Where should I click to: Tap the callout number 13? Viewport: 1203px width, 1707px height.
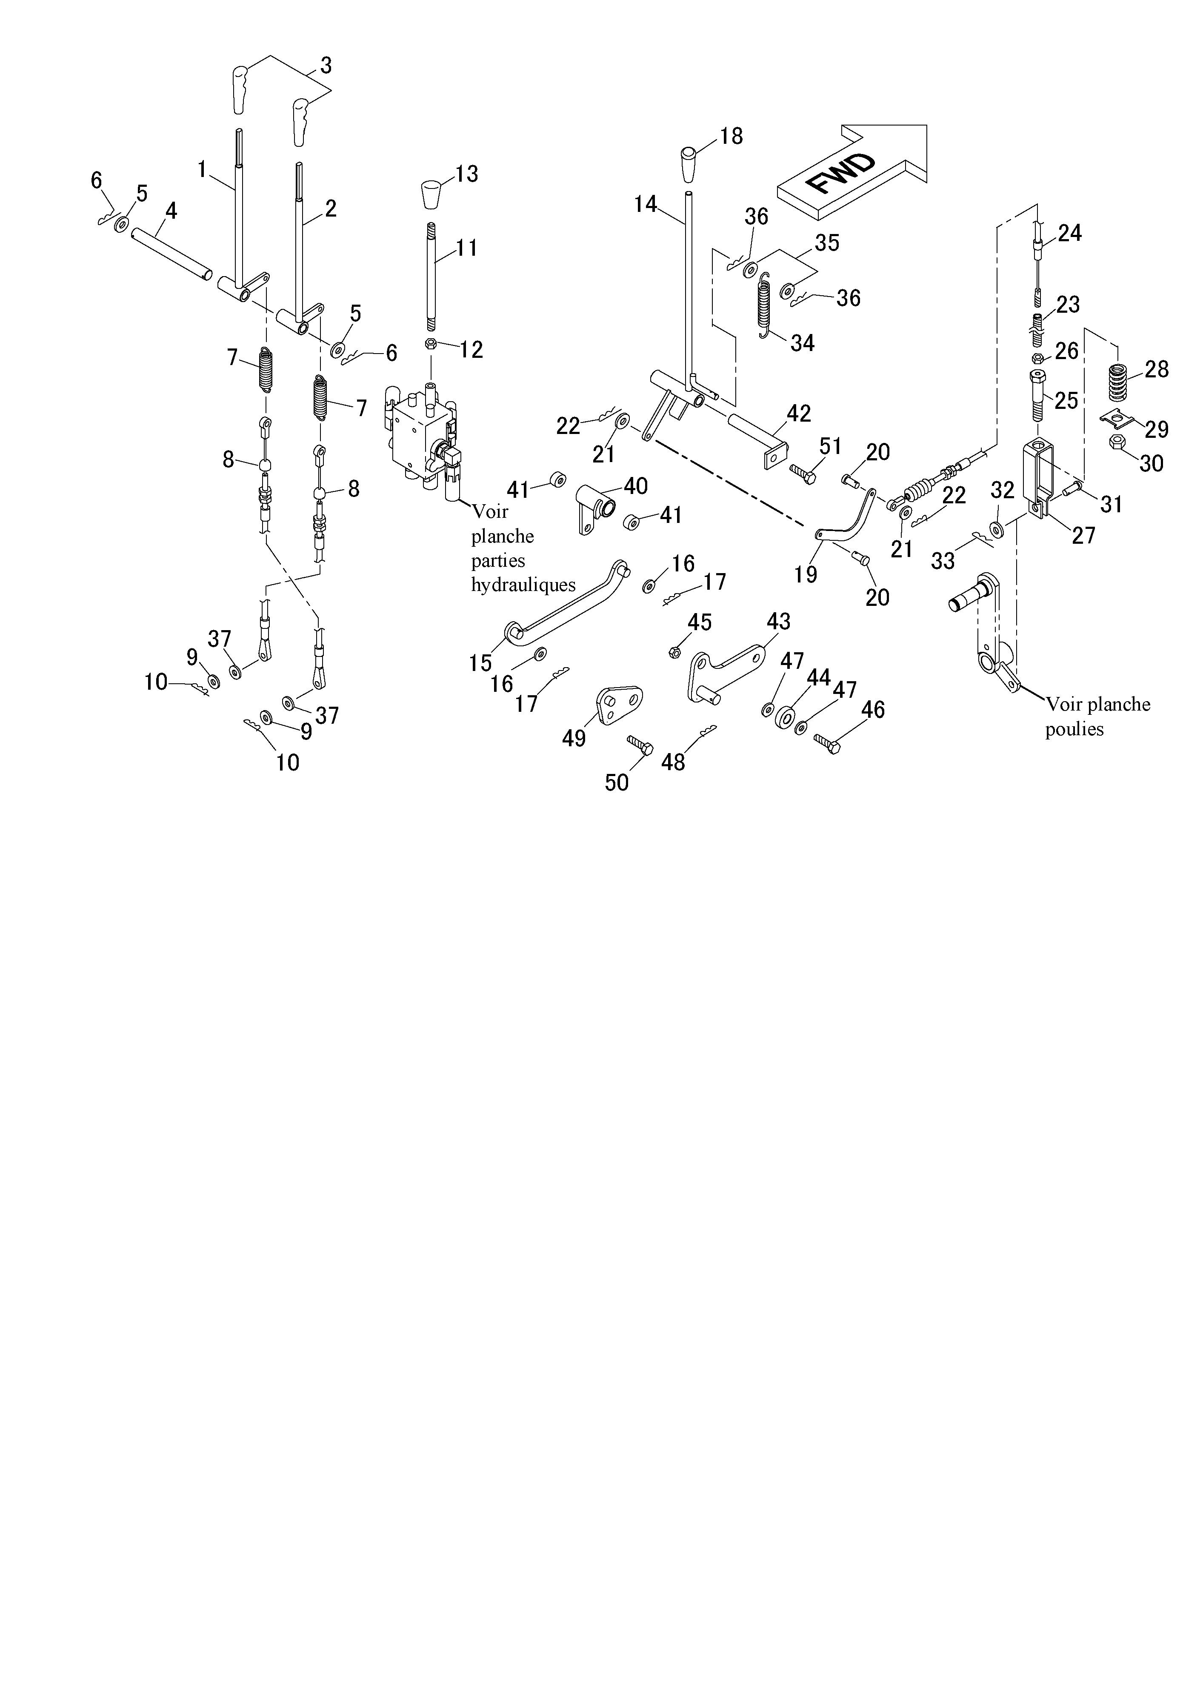pos(467,174)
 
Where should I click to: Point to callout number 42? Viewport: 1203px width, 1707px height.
pos(799,414)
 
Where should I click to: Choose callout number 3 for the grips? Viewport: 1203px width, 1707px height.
pos(326,66)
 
